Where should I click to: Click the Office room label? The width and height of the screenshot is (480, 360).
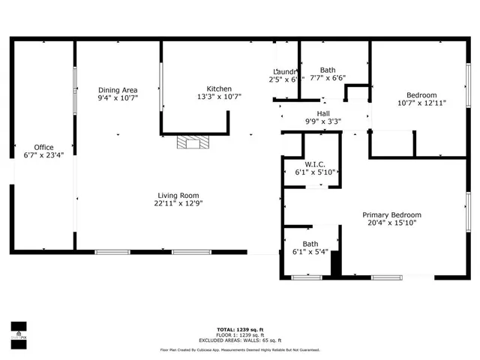pyautogui.click(x=43, y=147)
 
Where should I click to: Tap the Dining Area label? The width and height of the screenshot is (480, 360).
pyautogui.click(x=118, y=88)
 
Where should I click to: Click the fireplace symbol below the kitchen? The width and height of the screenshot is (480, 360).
pyautogui.click(x=191, y=142)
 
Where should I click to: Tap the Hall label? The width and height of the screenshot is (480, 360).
pyautogui.click(x=323, y=113)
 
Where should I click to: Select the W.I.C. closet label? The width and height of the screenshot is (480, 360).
pyautogui.click(x=313, y=164)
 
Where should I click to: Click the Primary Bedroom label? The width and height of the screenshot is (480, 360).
pyautogui.click(x=392, y=214)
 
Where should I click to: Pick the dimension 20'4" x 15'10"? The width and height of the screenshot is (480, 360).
pyautogui.click(x=392, y=223)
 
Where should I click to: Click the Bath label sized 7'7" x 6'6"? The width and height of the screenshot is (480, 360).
pyautogui.click(x=328, y=69)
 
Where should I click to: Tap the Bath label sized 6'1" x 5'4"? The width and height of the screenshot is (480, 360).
pyautogui.click(x=310, y=244)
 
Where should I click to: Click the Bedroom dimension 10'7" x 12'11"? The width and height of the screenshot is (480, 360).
pyautogui.click(x=421, y=103)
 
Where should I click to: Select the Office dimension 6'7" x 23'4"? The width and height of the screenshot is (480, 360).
pyautogui.click(x=43, y=156)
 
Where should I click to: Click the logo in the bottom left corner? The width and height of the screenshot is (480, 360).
pyautogui.click(x=19, y=330)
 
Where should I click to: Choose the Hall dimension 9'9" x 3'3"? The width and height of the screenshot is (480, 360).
pyautogui.click(x=323, y=121)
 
